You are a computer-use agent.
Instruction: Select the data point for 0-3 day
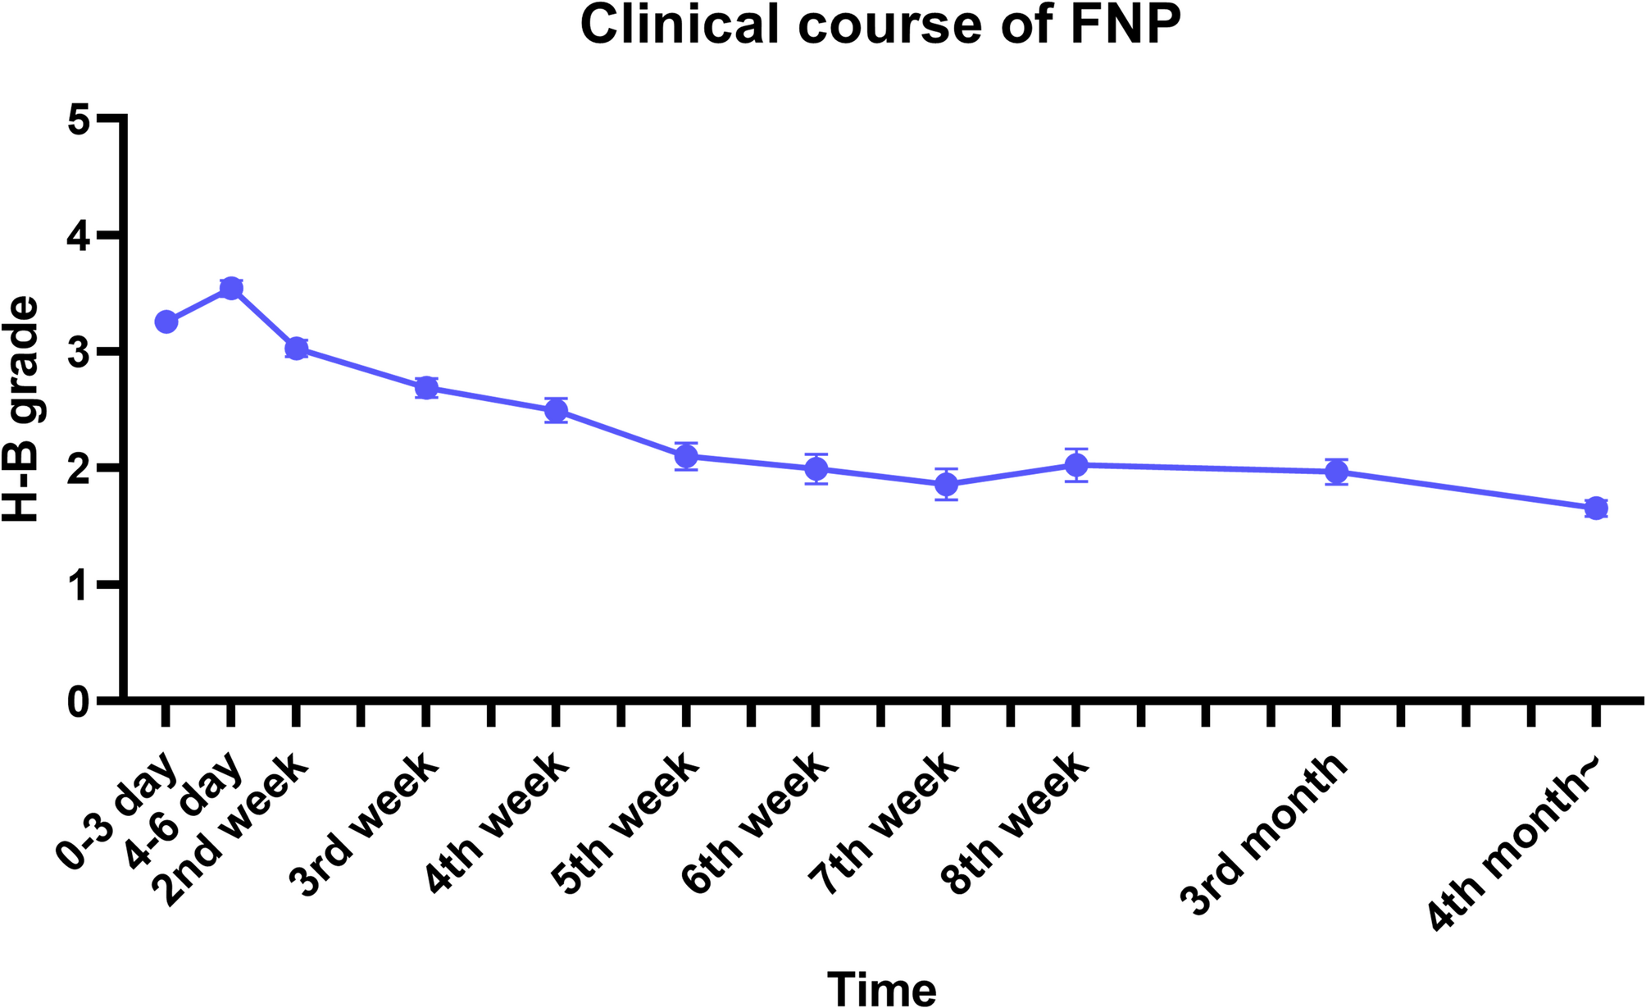(x=166, y=322)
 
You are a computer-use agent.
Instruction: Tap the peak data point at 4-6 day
(x=231, y=288)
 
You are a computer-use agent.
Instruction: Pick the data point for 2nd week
(x=296, y=349)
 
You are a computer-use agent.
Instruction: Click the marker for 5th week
(x=686, y=456)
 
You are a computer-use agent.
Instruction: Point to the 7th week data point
(x=947, y=484)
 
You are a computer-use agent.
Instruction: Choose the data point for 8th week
(x=1076, y=465)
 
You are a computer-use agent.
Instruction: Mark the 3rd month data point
(x=1337, y=472)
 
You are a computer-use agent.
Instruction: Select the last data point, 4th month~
(x=1595, y=508)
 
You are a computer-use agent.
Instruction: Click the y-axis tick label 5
(x=79, y=120)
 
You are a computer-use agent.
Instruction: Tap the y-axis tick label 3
(x=79, y=353)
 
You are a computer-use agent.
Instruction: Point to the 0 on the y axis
(x=79, y=702)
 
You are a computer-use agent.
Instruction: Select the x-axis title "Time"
(x=881, y=987)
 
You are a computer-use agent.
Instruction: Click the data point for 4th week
(x=556, y=410)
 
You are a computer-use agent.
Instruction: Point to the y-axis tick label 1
(x=79, y=586)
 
